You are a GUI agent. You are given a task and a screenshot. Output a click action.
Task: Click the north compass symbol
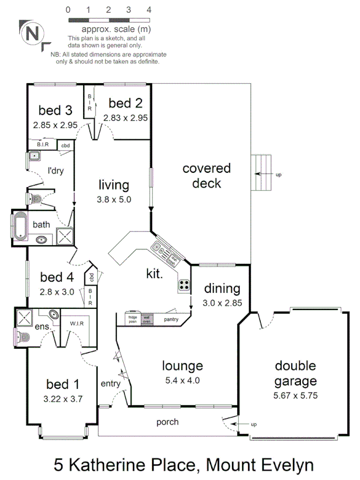(32, 34)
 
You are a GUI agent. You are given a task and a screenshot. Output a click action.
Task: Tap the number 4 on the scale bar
(149, 10)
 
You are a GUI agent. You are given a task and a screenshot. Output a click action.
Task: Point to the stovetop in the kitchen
(185, 285)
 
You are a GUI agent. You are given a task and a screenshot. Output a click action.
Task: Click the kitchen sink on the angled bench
(159, 247)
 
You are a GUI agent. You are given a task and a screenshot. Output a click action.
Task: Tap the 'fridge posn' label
(133, 319)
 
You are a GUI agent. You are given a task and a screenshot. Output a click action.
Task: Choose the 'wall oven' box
(147, 319)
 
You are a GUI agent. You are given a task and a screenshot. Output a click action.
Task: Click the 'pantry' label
(172, 319)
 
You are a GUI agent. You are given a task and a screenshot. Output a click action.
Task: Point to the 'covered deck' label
(206, 176)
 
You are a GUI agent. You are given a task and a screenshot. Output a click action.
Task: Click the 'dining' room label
(223, 289)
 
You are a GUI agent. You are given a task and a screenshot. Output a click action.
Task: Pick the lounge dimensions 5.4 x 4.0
(183, 380)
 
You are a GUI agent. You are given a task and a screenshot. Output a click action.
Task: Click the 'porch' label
(167, 422)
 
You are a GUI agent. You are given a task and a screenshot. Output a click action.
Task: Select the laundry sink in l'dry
(34, 156)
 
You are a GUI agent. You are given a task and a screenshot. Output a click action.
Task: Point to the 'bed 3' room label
(55, 110)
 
